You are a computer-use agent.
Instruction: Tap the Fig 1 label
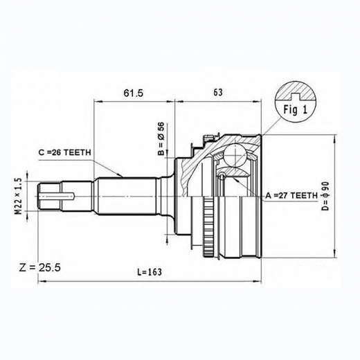pyautogui.click(x=294, y=109)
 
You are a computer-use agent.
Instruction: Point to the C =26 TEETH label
pyautogui.click(x=64, y=152)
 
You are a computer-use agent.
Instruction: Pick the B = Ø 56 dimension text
pyautogui.click(x=160, y=138)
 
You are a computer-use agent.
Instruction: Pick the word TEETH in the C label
pyautogui.click(x=75, y=152)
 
